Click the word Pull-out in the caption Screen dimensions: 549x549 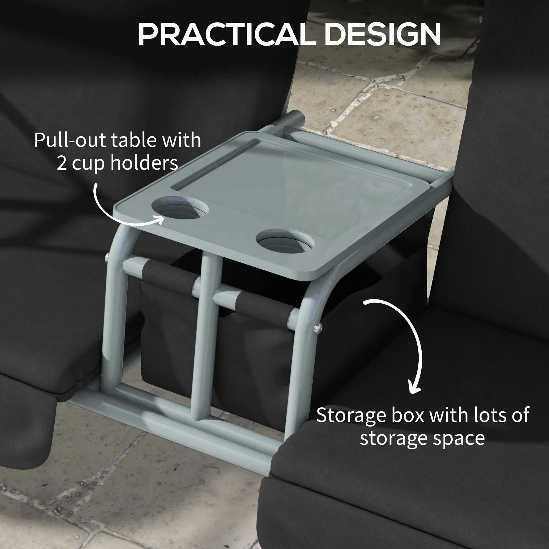(71, 140)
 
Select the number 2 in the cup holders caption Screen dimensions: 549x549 (62, 163)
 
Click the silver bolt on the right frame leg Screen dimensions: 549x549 (317, 329)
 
